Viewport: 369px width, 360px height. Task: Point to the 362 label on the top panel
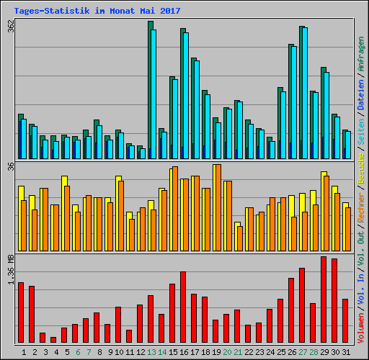[10, 26]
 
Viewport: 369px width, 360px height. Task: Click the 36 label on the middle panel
[10, 167]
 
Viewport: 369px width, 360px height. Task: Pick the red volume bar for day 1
[21, 312]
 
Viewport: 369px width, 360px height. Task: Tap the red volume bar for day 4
[53, 340]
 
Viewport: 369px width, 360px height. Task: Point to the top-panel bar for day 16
[184, 94]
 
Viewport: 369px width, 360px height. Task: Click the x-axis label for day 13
[151, 352]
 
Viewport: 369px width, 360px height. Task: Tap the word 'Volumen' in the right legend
[361, 323]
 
